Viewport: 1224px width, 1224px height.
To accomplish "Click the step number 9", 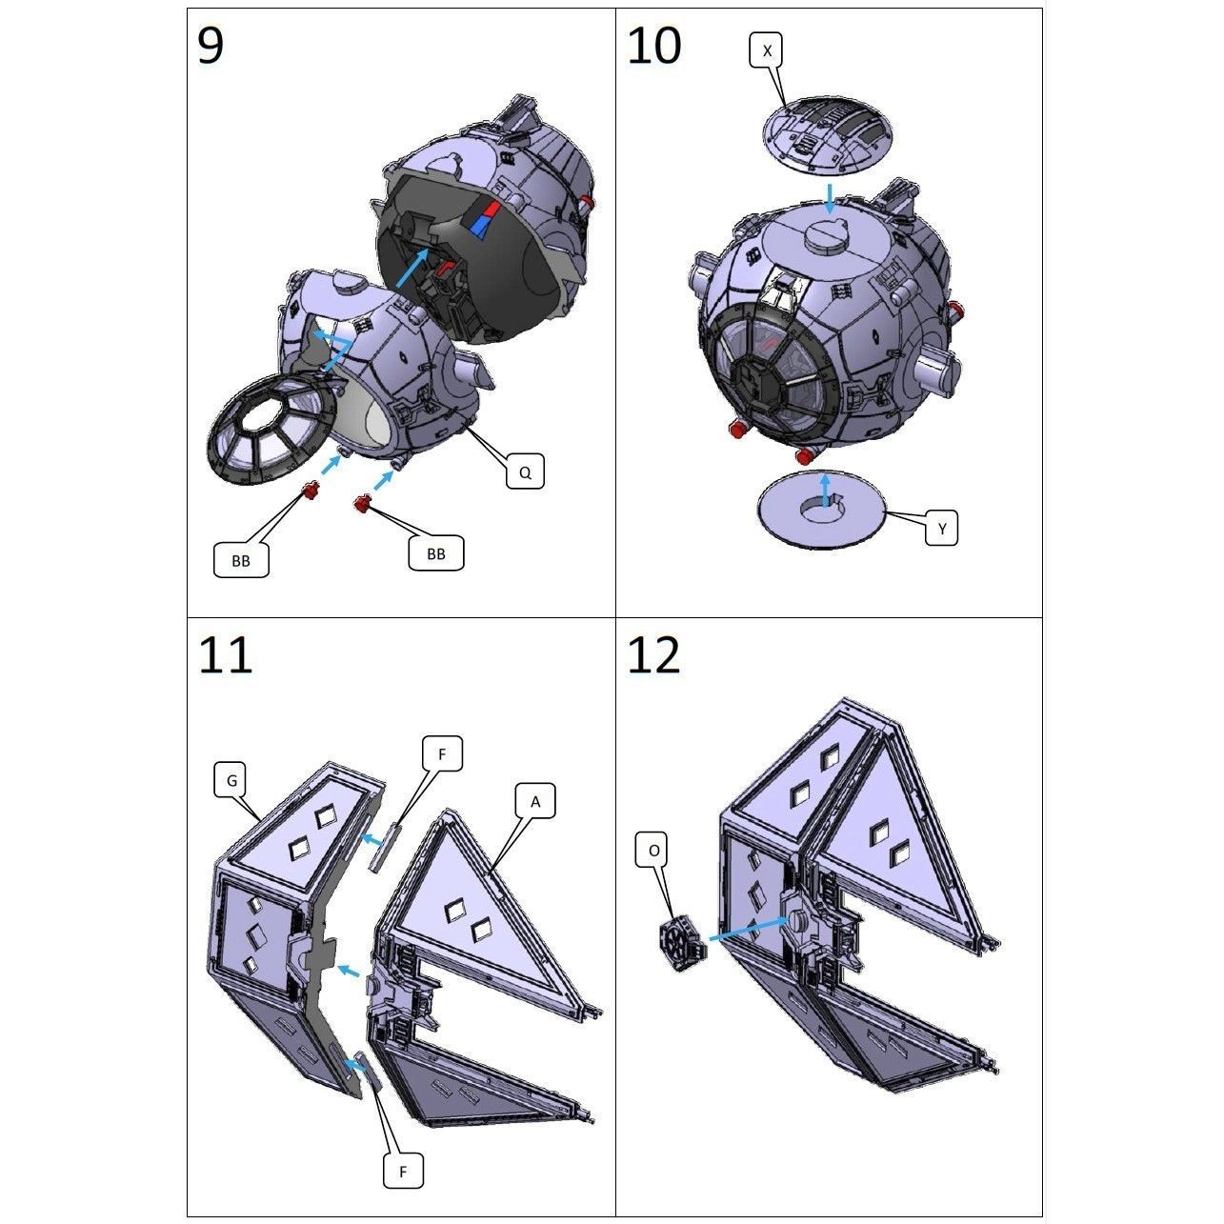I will click(x=211, y=46).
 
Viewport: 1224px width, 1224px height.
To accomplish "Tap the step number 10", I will click(x=653, y=46).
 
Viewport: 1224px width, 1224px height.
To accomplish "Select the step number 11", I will click(x=225, y=655).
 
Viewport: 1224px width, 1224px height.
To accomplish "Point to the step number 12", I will click(x=653, y=655).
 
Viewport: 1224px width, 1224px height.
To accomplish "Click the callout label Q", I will click(x=524, y=472).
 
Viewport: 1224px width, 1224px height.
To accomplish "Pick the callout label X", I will click(x=767, y=50).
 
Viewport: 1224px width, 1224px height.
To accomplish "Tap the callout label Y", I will click(x=941, y=528).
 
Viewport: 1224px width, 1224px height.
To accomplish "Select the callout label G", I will click(x=231, y=780).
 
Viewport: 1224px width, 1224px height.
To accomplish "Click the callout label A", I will click(x=535, y=802).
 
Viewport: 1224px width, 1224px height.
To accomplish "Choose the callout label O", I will click(x=653, y=851).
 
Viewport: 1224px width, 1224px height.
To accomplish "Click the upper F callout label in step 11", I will click(x=442, y=753).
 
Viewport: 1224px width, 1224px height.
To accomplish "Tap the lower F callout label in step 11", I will click(x=403, y=1171).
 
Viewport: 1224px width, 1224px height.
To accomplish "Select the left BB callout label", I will click(x=241, y=560).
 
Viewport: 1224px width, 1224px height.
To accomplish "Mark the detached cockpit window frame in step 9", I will click(x=271, y=423).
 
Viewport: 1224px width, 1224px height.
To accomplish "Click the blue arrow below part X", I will click(x=831, y=198).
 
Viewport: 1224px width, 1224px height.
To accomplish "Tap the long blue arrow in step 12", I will click(x=748, y=930).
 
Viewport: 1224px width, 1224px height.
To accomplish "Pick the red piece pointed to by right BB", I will click(x=362, y=504).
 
